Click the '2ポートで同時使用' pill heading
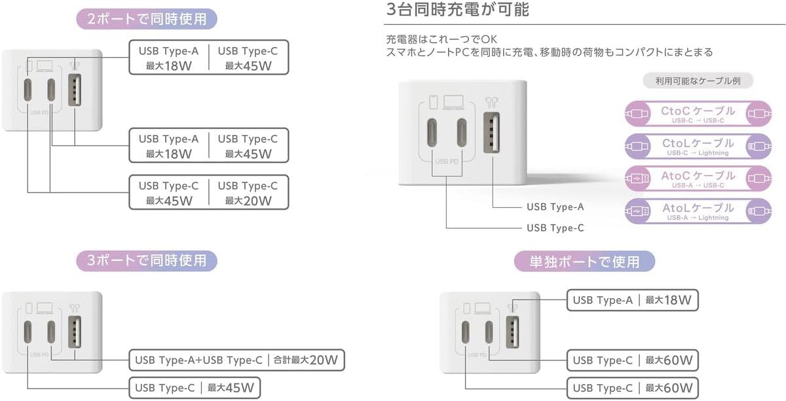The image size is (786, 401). (147, 19)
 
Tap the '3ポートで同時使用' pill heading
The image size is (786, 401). (147, 261)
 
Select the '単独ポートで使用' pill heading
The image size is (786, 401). (584, 261)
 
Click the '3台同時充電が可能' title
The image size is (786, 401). (457, 9)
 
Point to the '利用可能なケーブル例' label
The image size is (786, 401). (698, 81)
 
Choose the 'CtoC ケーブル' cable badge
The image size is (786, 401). (698, 113)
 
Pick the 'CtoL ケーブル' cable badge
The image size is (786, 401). (698, 146)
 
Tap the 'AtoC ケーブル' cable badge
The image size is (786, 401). (698, 178)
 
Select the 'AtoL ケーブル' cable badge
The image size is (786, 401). (698, 211)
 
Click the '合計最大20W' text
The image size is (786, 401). (305, 360)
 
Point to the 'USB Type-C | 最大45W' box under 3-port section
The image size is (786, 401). (195, 388)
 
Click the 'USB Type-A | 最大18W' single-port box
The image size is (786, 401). (632, 300)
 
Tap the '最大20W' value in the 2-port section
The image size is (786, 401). (248, 201)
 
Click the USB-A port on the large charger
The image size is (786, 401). (491, 133)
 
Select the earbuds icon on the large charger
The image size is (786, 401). (491, 102)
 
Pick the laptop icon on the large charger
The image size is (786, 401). (453, 102)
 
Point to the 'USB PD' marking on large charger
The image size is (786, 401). (447, 162)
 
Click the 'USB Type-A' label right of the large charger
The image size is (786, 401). (555, 207)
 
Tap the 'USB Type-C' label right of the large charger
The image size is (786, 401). (555, 228)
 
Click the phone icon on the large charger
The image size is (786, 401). (434, 102)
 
